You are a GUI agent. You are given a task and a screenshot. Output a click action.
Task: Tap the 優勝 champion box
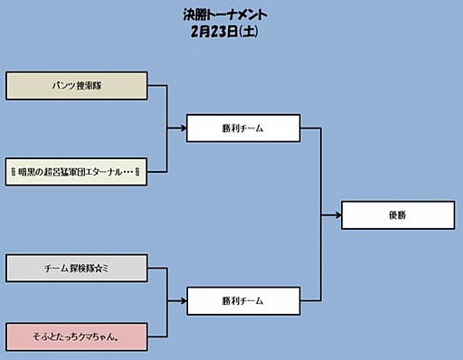[397, 215]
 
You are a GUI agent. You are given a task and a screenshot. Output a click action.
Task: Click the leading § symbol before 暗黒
[12, 170]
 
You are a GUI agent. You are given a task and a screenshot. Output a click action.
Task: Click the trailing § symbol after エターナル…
[138, 170]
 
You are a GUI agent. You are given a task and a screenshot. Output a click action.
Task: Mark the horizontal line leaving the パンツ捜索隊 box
[156, 87]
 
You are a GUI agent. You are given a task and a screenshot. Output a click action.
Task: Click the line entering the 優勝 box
[332, 215]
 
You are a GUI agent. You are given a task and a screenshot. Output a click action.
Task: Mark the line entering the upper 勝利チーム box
[177, 128]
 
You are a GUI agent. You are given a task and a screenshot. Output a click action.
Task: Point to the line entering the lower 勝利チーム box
[177, 299]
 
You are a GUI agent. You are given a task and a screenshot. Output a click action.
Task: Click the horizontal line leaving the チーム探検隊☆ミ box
[156, 268]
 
